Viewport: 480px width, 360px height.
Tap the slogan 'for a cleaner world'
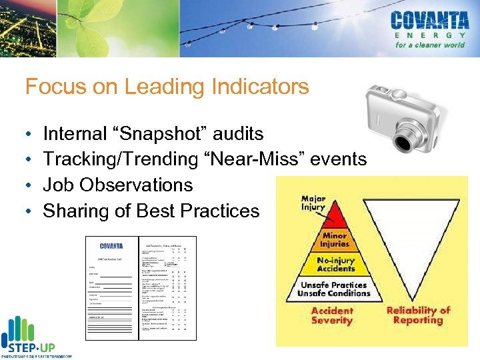pos(430,45)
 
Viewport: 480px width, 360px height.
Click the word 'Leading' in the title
pos(153,87)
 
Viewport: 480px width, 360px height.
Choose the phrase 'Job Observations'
pos(118,185)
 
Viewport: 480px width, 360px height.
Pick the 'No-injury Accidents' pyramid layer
pos(336,265)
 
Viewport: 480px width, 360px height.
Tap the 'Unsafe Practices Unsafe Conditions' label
pos(333,289)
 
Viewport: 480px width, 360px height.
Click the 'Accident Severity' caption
pos(331,315)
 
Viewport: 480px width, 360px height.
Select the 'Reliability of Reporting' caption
pos(419,315)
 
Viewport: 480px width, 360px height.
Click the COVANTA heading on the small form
pos(111,246)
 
